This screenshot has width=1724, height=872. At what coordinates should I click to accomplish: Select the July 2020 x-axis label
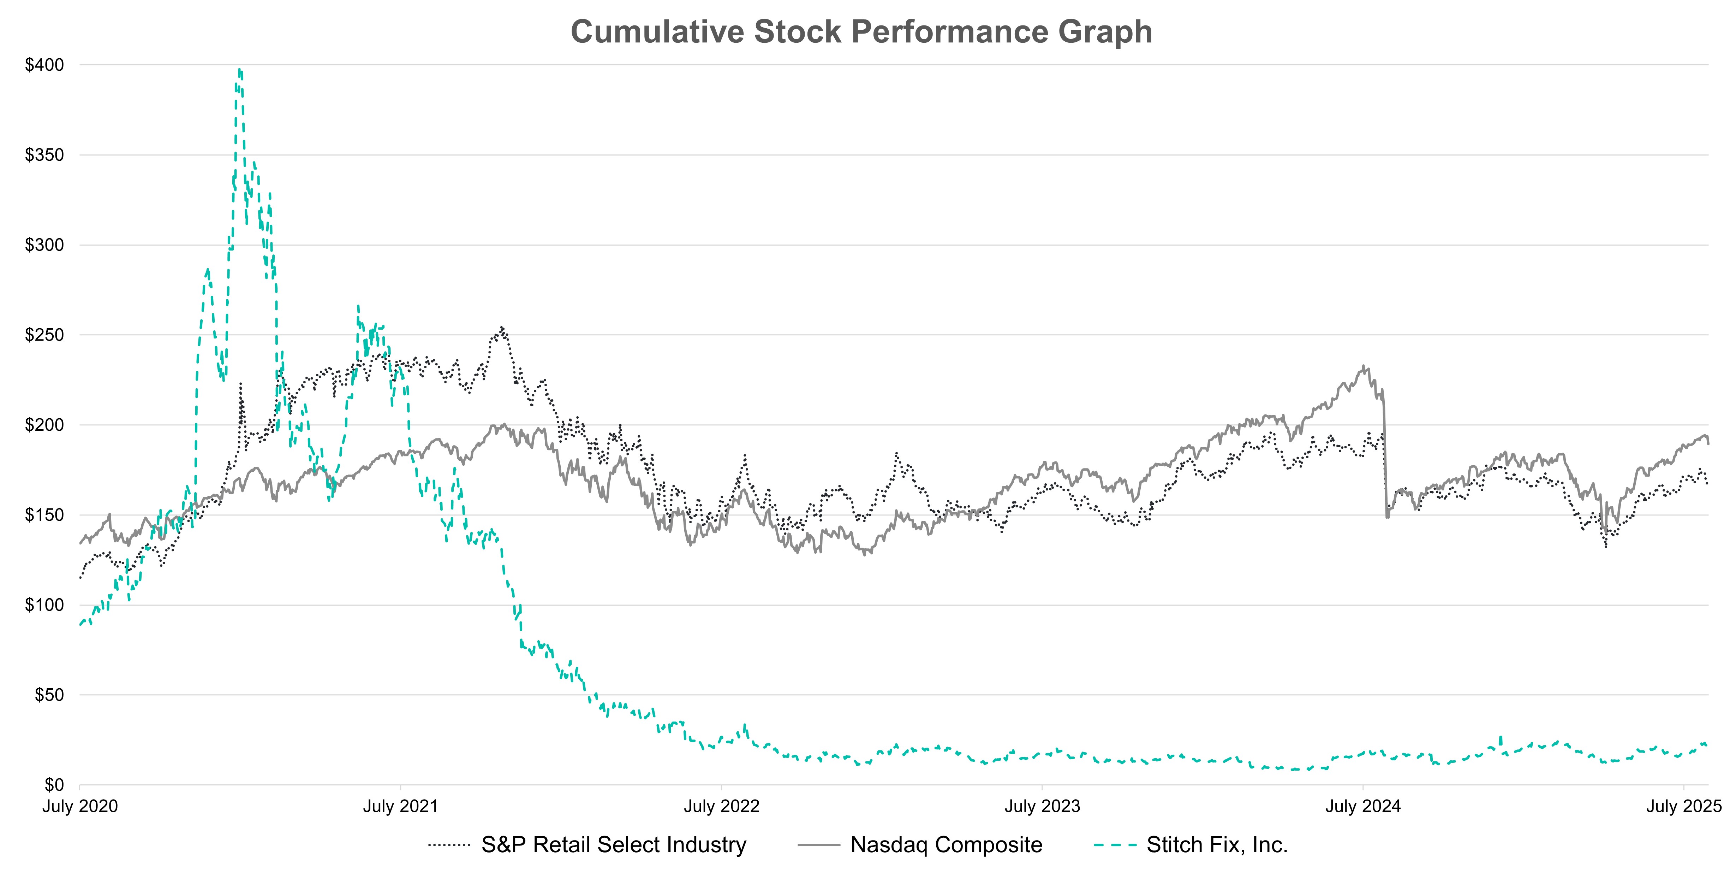click(x=80, y=806)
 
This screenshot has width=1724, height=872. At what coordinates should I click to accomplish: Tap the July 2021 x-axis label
click(x=400, y=806)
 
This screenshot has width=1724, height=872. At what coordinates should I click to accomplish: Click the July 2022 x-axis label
click(x=721, y=806)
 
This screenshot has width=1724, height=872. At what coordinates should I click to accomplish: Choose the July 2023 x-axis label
click(x=1042, y=806)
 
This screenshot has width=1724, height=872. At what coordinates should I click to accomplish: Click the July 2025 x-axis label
click(x=1682, y=806)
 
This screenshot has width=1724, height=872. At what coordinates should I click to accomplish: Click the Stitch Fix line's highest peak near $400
click(x=240, y=70)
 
